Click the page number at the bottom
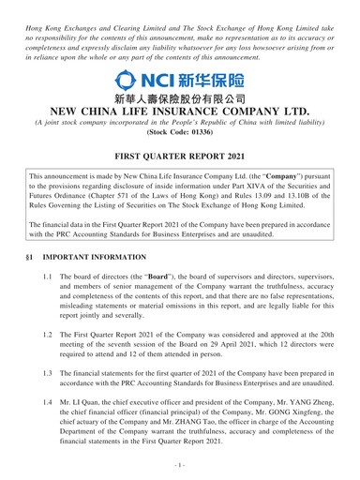(x=180, y=470)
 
